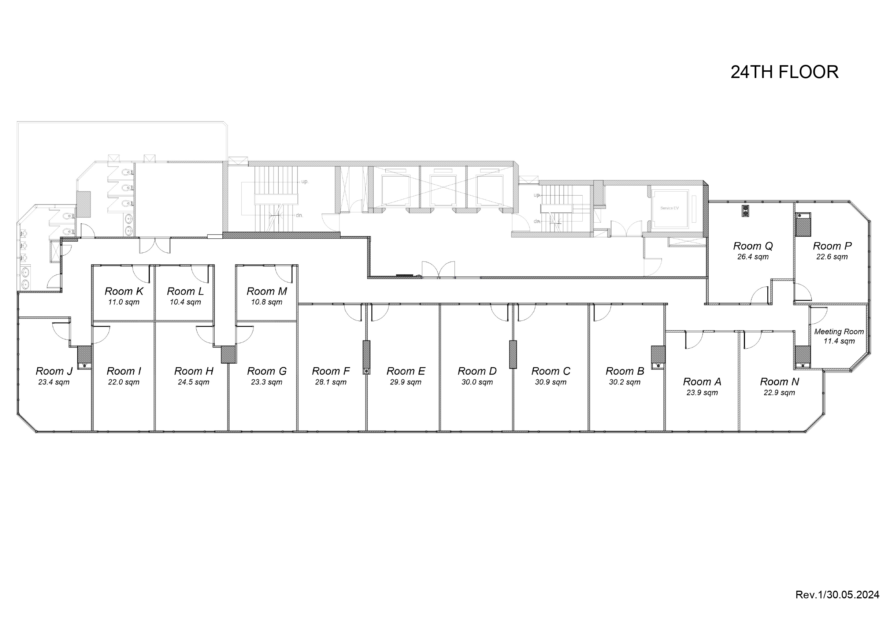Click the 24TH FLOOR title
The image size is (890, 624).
click(x=784, y=72)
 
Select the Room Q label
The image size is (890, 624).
click(x=753, y=246)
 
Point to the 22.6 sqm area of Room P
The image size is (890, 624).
click(x=832, y=257)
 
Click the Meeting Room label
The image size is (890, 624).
click(x=839, y=332)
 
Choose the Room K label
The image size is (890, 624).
click(x=124, y=291)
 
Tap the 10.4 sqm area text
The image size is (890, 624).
click(x=185, y=302)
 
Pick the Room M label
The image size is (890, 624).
click(x=267, y=291)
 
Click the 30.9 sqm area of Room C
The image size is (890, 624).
click(x=550, y=382)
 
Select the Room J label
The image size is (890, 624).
click(x=54, y=371)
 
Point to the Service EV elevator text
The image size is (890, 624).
click(x=670, y=208)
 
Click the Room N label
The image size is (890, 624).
click(x=779, y=382)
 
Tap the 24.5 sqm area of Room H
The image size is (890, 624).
click(x=193, y=382)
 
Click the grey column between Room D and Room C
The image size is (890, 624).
click(x=513, y=354)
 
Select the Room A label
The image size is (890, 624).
click(x=702, y=382)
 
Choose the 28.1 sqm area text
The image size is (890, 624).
click(x=331, y=382)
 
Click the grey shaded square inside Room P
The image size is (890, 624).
click(x=803, y=227)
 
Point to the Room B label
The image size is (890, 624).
click(x=625, y=371)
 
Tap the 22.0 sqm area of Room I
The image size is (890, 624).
click(x=124, y=382)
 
